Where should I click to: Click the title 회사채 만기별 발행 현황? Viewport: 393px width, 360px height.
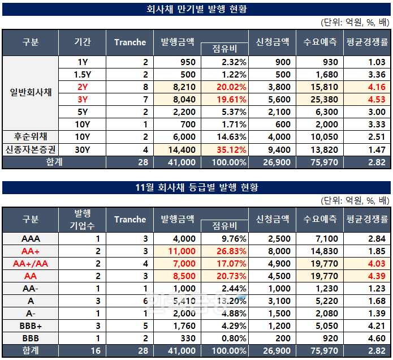(196, 10)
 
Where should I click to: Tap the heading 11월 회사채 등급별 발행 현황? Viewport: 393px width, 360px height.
(196, 187)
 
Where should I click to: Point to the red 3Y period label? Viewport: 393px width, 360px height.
(82, 99)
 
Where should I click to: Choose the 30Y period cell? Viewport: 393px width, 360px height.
(82, 149)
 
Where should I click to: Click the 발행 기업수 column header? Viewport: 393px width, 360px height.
(82, 218)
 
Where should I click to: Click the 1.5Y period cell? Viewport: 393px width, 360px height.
(82, 74)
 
